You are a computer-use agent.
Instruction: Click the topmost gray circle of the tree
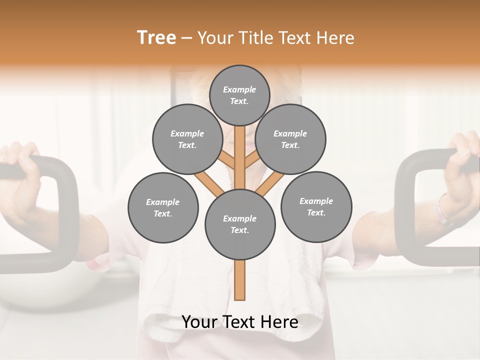tap(239, 95)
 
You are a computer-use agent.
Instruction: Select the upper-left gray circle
tap(187, 139)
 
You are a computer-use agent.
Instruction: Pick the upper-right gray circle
tap(290, 139)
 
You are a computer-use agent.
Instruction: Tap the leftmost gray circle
tap(163, 207)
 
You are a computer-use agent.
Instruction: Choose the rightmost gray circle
tap(316, 206)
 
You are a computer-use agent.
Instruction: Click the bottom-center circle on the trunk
tap(240, 224)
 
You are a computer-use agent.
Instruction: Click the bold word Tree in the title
tap(156, 38)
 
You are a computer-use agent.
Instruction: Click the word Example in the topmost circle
tap(239, 89)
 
